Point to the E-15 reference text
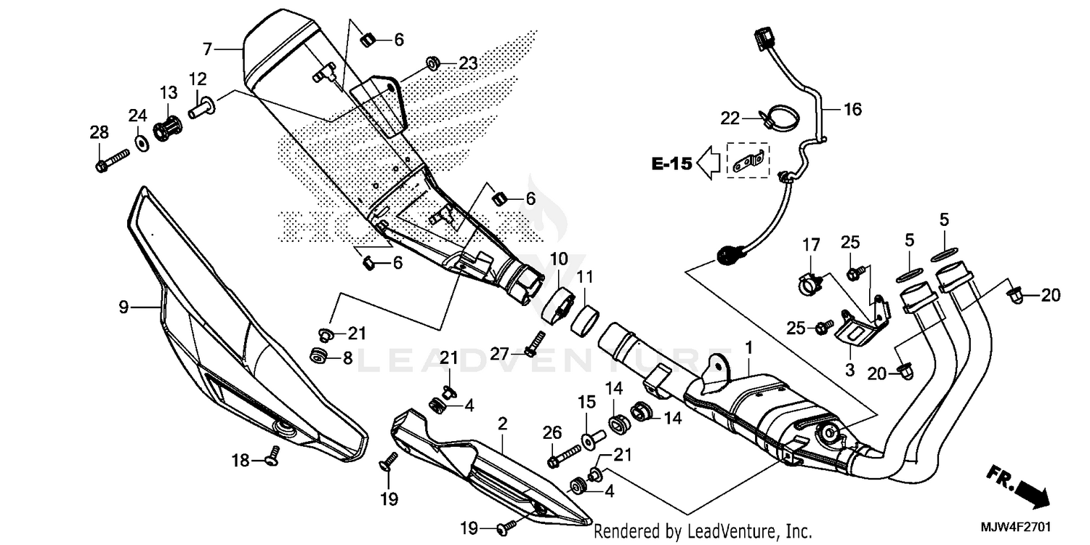click(x=671, y=164)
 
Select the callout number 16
click(x=852, y=110)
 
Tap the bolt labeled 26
click(x=563, y=456)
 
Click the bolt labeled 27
click(x=536, y=342)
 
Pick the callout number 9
click(x=124, y=307)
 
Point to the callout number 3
click(x=848, y=369)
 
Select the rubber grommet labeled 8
click(x=318, y=356)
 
